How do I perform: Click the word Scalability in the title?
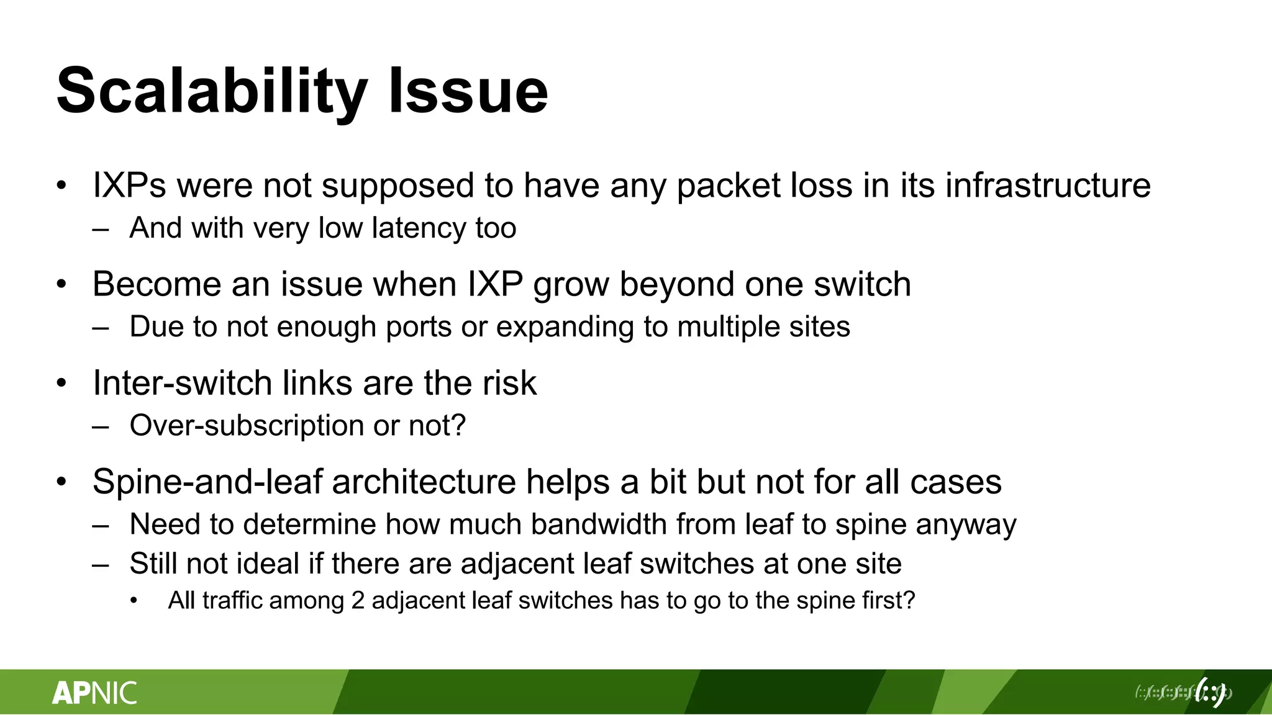tap(211, 92)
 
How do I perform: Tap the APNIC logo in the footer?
tap(94, 693)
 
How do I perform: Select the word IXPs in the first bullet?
tap(129, 185)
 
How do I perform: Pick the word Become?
tap(156, 284)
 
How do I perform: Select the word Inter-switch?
tap(182, 382)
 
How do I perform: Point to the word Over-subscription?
tap(246, 425)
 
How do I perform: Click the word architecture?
tap(424, 482)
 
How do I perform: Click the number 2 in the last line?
tap(358, 600)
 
